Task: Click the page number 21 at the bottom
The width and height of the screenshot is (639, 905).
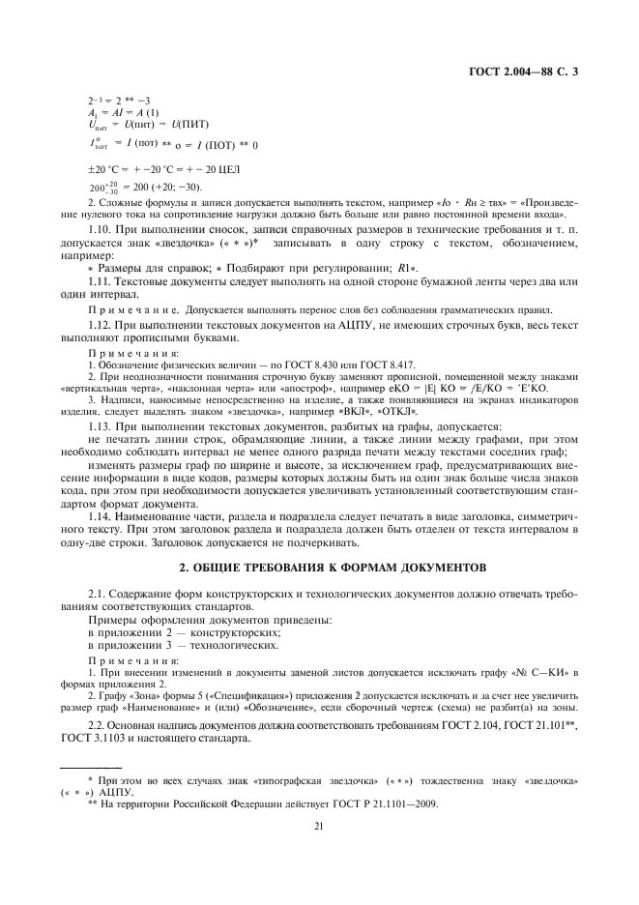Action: coord(318,825)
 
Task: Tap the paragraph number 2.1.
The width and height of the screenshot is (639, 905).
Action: coord(98,590)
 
